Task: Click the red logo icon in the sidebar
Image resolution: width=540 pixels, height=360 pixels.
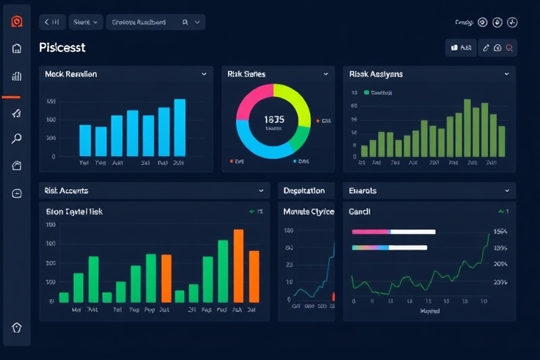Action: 17,22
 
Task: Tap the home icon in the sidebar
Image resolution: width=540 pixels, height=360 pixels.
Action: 17,49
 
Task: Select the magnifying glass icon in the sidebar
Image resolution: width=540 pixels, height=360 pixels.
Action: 17,139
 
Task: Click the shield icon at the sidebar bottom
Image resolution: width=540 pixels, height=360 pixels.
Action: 17,328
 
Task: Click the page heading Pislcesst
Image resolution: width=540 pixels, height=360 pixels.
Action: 63,48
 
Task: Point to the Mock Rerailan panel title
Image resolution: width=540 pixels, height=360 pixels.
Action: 70,74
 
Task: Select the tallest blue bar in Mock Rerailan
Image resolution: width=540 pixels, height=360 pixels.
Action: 180,127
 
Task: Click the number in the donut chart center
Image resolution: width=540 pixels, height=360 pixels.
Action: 274,120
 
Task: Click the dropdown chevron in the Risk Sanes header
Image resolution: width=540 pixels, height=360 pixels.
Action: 326,74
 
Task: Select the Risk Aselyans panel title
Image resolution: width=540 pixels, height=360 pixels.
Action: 376,74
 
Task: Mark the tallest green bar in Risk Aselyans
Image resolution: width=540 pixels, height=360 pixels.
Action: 468,127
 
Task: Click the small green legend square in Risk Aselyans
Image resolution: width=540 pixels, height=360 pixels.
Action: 366,92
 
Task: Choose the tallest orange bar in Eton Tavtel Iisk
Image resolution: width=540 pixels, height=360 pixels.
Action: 239,266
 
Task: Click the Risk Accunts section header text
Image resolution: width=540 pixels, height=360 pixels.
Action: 66,191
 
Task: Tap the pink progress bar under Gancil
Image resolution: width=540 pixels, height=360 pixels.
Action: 371,231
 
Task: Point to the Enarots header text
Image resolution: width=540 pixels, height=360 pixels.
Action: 363,191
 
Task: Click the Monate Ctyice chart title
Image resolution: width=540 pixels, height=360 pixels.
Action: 309,212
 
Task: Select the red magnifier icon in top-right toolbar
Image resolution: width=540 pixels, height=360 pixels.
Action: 510,48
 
